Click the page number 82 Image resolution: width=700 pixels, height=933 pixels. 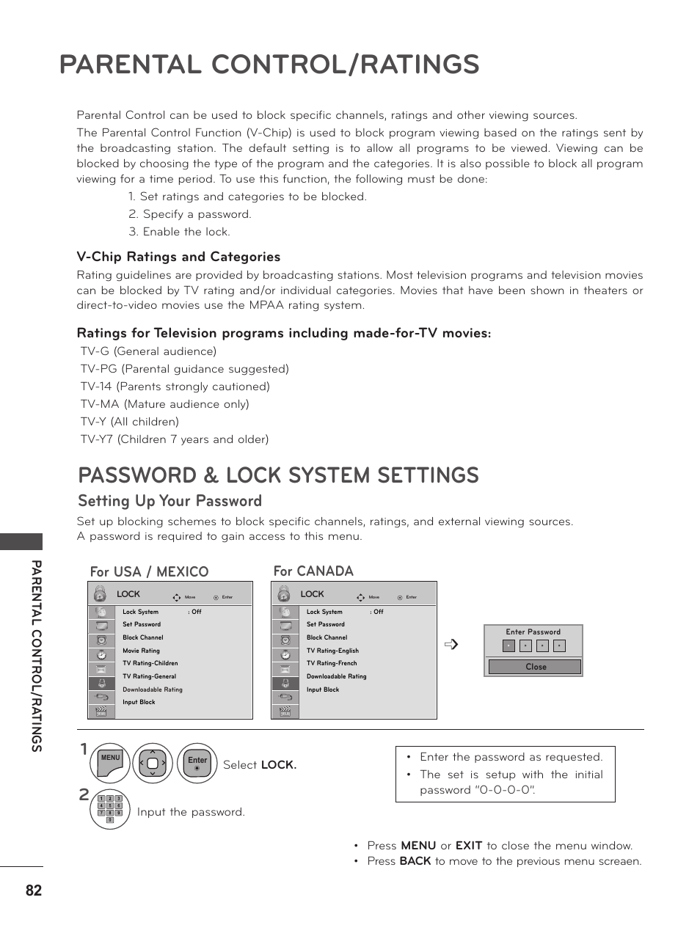[33, 890]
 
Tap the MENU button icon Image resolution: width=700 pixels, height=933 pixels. [110, 764]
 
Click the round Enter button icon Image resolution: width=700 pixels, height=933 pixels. [197, 764]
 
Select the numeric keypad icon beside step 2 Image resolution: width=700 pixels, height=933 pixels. [109, 809]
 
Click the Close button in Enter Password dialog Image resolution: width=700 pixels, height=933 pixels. [535, 667]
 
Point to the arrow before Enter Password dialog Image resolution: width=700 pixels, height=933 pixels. [451, 645]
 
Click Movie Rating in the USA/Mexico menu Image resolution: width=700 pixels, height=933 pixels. [141, 651]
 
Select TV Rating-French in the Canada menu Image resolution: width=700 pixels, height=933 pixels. [332, 663]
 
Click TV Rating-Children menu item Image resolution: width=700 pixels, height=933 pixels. [150, 663]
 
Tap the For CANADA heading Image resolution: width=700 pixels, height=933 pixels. [313, 571]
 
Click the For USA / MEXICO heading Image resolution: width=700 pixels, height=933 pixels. [149, 572]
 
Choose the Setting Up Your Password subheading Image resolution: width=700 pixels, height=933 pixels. [169, 501]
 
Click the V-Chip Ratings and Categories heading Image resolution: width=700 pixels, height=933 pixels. [178, 257]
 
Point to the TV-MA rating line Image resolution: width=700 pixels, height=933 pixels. [164, 404]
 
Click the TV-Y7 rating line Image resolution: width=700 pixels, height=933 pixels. [174, 439]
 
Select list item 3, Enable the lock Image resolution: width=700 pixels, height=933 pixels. [179, 232]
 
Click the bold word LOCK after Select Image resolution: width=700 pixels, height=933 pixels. [279, 765]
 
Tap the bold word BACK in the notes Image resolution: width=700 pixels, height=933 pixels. [415, 861]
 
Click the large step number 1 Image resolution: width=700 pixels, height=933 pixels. [84, 749]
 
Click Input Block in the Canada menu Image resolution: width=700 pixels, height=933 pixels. [323, 689]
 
